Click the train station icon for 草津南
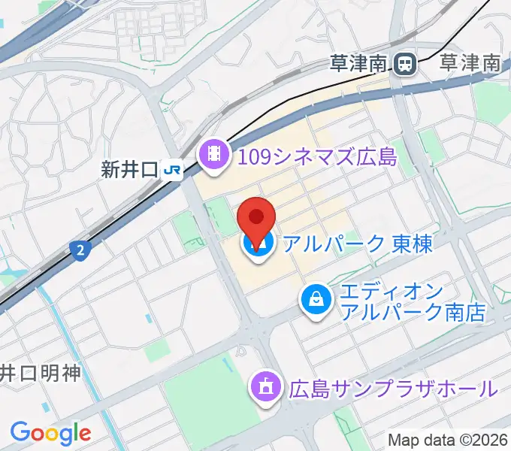tap(407, 64)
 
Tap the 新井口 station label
tap(129, 171)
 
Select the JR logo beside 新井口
tap(172, 171)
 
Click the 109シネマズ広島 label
tap(317, 156)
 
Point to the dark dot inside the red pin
tap(256, 217)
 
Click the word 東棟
tap(413, 244)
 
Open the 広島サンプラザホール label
tap(393, 389)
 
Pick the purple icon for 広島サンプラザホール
tap(265, 388)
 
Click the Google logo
tap(50, 432)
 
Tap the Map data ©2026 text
tap(448, 440)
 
